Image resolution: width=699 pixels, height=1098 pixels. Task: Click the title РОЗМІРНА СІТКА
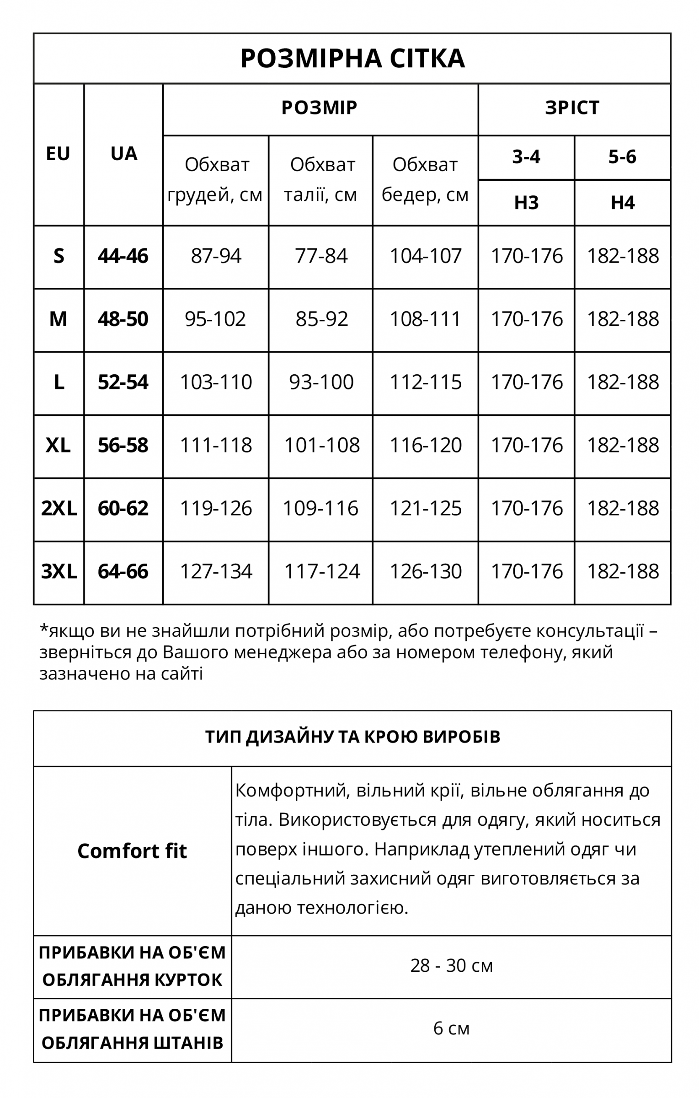352,59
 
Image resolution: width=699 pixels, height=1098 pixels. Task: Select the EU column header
58,154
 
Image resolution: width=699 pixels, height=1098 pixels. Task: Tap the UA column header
123,154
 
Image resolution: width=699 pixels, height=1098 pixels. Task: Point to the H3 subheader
526,203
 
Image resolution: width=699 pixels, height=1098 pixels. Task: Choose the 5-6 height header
622,157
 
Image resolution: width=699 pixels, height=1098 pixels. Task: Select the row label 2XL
59,508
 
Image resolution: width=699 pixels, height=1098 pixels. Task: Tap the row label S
59,256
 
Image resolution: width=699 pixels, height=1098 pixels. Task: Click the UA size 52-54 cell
123,382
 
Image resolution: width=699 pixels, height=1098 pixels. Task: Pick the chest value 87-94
216,256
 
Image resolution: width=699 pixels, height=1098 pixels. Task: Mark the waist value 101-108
322,446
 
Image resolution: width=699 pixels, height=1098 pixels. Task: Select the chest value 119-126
216,509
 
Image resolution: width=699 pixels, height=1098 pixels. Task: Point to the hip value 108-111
425,319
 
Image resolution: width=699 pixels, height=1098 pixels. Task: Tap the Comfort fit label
132,851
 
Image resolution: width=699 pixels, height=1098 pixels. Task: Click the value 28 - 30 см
451,966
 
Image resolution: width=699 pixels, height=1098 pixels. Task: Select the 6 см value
451,1029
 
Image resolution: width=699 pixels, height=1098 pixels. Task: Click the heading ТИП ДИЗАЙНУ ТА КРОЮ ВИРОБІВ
352,737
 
